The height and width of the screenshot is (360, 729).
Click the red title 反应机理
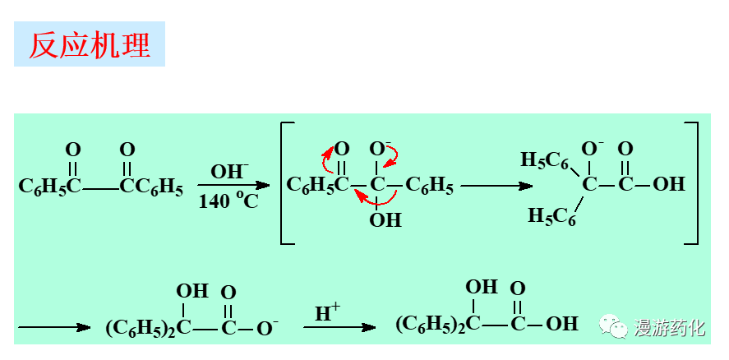tap(90, 45)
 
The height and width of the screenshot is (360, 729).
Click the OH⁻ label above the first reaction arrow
tap(229, 173)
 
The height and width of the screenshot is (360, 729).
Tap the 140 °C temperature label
tap(228, 201)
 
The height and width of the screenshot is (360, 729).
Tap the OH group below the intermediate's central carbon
tap(385, 219)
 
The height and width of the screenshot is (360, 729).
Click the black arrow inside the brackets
tap(496, 186)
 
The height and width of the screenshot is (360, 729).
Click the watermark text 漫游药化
tap(669, 328)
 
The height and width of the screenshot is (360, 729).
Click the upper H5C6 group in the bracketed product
tap(545, 159)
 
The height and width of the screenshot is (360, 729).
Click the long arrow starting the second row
tap(54, 327)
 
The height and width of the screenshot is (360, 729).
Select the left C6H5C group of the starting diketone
tap(50, 187)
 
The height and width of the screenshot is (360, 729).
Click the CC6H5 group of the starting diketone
tap(151, 187)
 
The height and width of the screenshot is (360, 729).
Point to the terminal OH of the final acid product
tap(562, 324)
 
